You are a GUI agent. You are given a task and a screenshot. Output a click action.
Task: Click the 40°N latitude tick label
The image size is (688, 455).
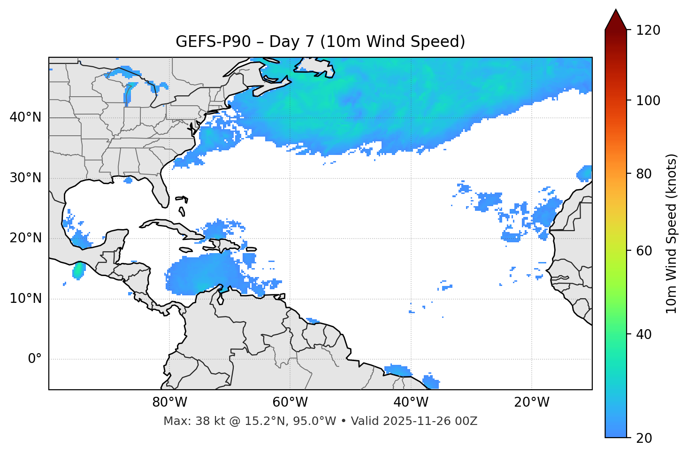[25, 117]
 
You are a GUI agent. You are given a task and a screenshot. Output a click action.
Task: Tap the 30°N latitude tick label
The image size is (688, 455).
[25, 178]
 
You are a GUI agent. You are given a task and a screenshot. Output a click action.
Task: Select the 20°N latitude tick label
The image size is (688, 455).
[25, 238]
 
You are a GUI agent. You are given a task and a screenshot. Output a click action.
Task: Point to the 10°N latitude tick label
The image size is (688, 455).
[25, 299]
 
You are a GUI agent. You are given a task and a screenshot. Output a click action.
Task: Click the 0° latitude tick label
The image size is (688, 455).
[34, 359]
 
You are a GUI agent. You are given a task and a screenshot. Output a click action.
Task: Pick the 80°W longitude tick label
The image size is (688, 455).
[169, 402]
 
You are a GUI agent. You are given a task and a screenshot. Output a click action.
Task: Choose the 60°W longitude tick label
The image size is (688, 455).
[290, 402]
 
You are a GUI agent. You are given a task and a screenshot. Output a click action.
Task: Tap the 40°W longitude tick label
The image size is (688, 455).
[411, 402]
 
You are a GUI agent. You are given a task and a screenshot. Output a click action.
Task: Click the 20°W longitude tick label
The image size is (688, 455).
[531, 402]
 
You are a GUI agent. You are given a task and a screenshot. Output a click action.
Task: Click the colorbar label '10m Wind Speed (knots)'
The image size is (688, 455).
[672, 233]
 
